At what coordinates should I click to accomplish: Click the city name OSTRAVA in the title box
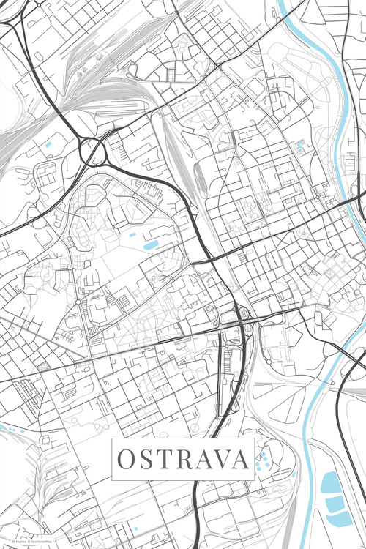coord(183,459)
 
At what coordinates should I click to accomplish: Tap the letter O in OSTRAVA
coord(126,459)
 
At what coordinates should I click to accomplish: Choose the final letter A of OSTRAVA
coord(241,459)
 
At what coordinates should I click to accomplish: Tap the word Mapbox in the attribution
coord(12,542)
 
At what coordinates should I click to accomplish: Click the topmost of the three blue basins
coord(332,482)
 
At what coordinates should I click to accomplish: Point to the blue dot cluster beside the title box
coord(261,460)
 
